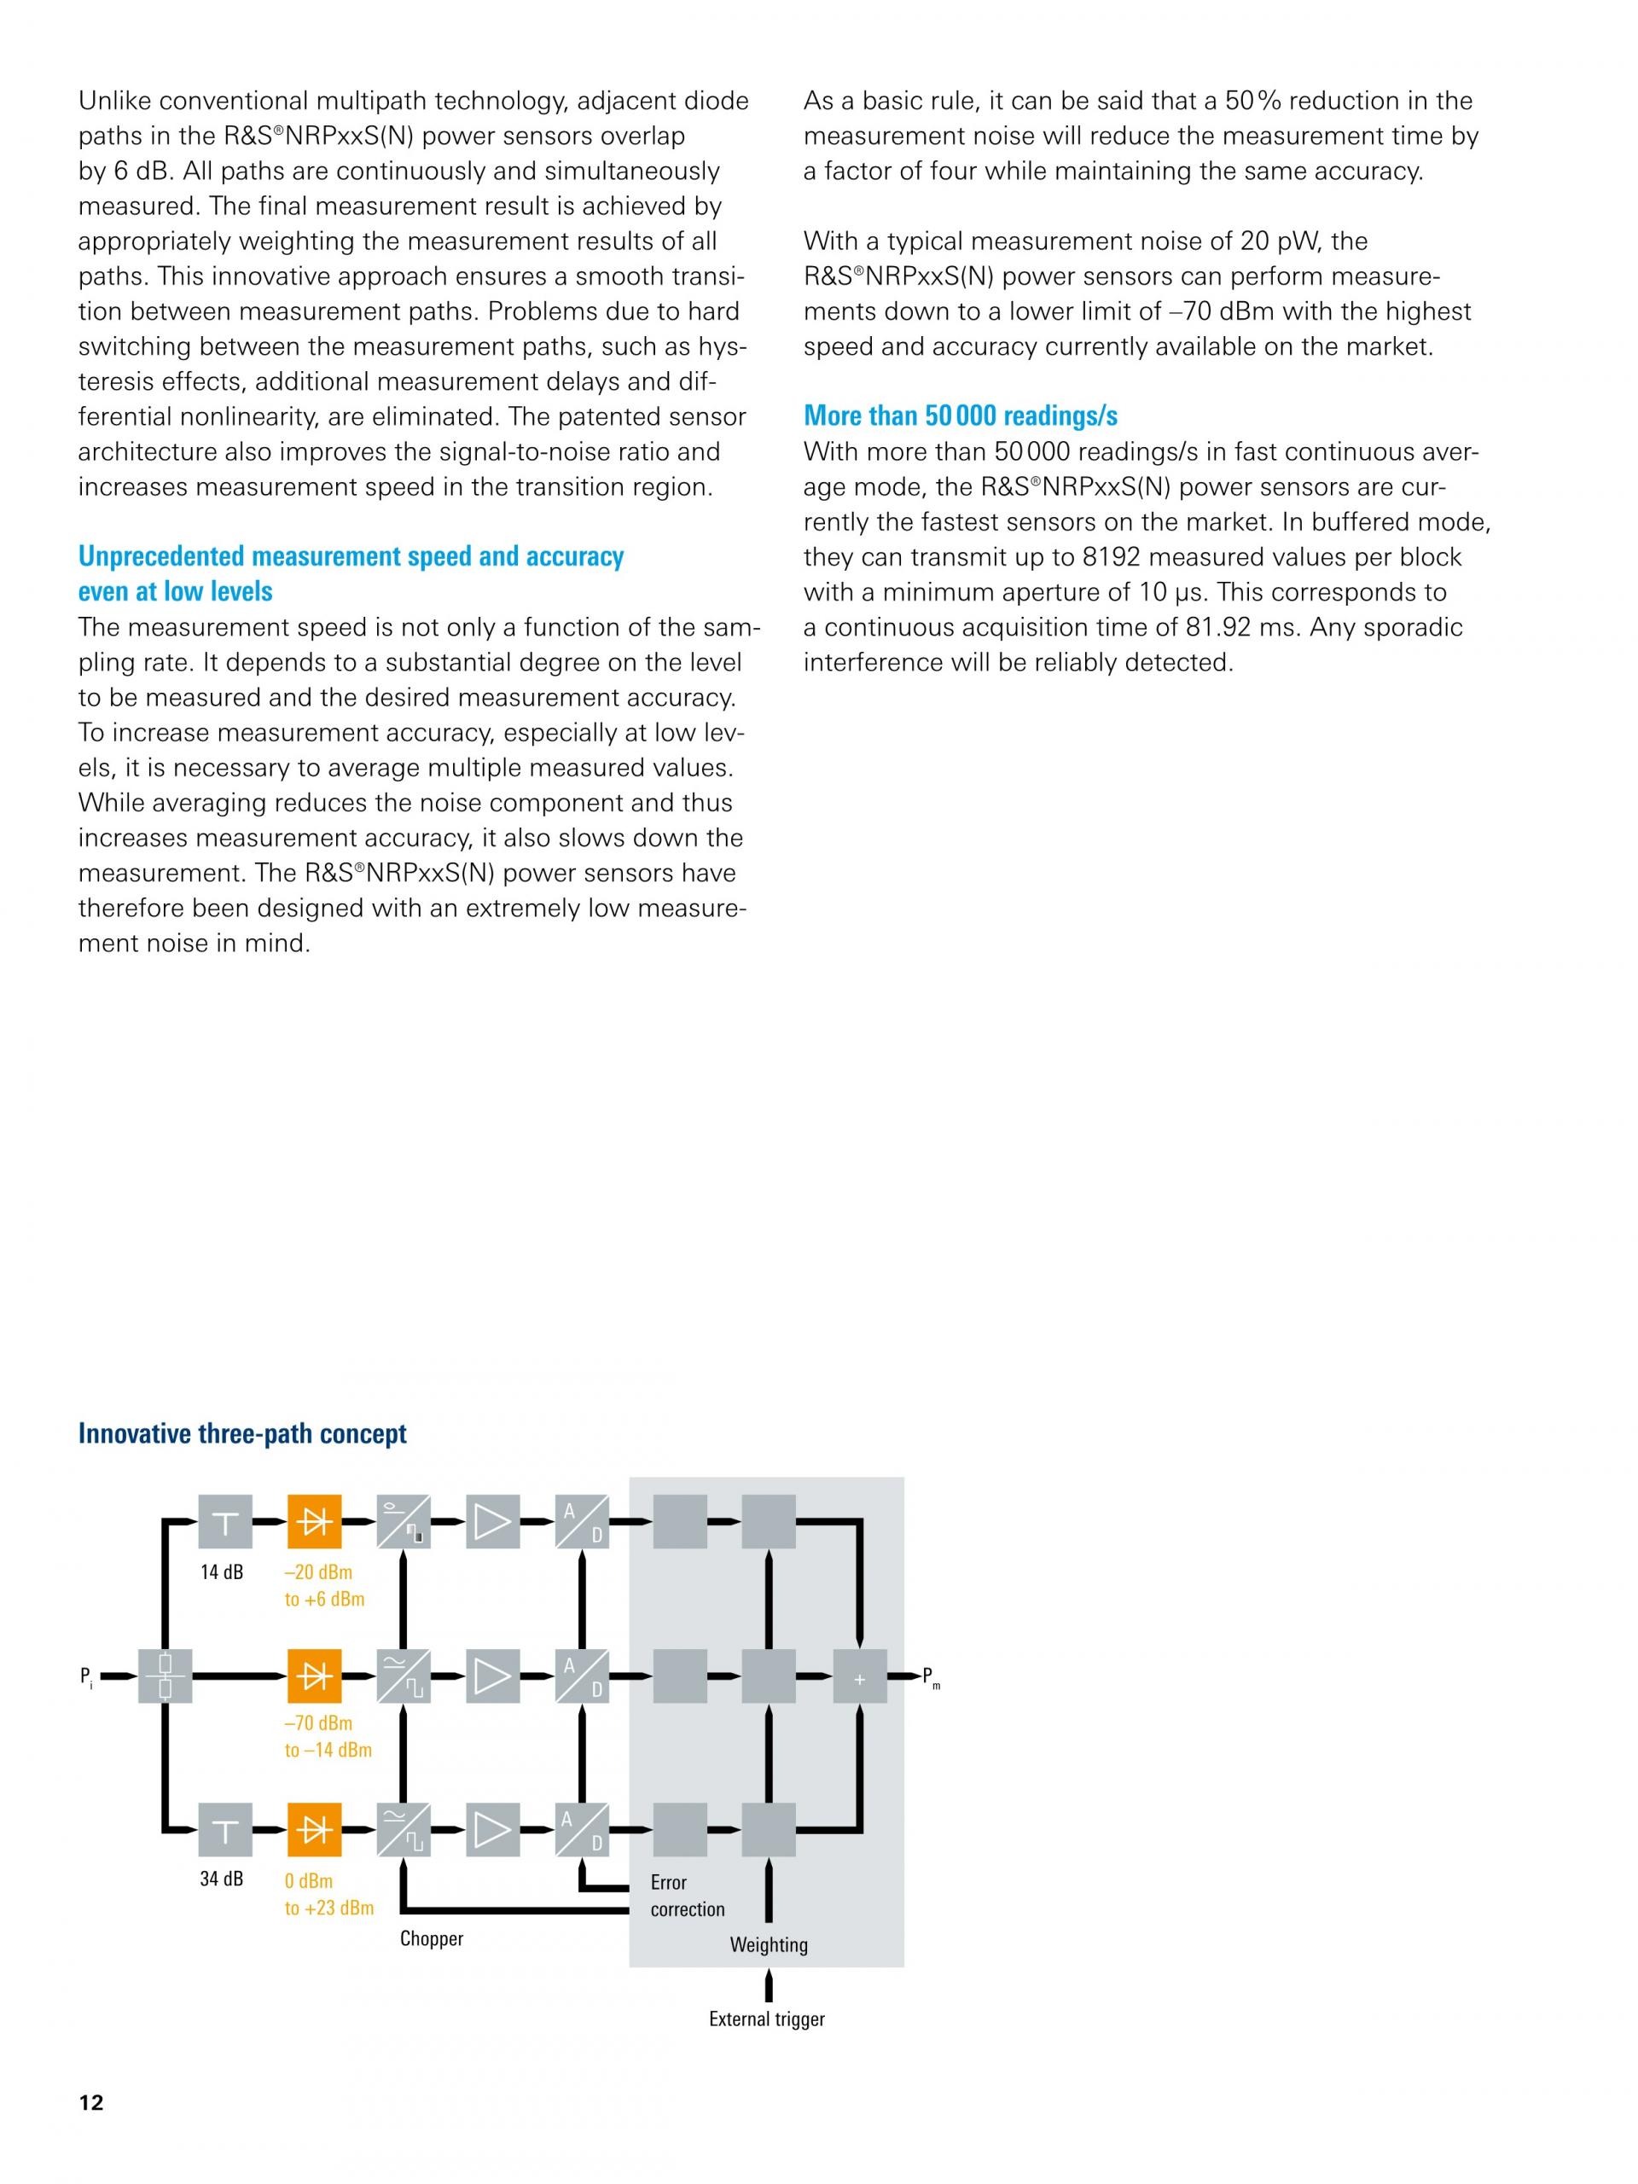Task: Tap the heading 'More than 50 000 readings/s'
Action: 960,415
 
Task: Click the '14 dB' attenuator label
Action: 221,1571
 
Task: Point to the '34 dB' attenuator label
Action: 221,1879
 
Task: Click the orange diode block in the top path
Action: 314,1521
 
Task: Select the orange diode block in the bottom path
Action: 314,1830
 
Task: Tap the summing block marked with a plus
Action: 859,1676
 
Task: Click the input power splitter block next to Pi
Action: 165,1676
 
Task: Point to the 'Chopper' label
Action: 432,1938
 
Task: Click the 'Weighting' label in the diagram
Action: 768,1944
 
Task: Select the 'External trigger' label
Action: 766,2019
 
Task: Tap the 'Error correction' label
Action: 686,1896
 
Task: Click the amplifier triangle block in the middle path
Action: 491,1676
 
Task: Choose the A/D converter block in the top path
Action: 582,1521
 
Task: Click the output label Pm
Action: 930,1676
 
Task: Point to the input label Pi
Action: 87,1676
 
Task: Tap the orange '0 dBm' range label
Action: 308,1881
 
